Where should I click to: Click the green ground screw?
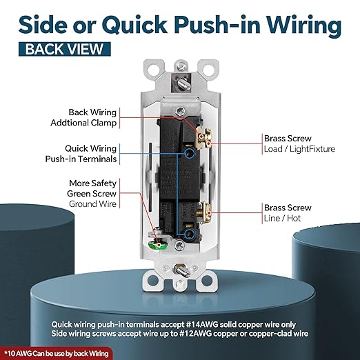(158, 245)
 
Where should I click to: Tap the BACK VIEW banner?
(65, 49)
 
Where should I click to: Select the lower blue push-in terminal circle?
(190, 234)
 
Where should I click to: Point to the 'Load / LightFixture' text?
(299, 149)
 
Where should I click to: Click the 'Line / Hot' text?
(282, 218)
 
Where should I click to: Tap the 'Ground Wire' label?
(92, 204)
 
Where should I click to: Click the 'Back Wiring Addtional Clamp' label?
(83, 117)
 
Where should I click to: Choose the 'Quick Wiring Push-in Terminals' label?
(81, 154)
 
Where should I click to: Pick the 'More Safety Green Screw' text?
(92, 188)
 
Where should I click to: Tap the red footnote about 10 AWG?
(56, 353)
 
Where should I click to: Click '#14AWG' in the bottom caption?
(201, 325)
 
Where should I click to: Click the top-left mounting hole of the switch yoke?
(154, 68)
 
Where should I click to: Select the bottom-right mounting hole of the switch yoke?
(207, 280)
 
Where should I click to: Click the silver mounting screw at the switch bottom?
(182, 270)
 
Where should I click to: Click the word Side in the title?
(43, 25)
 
